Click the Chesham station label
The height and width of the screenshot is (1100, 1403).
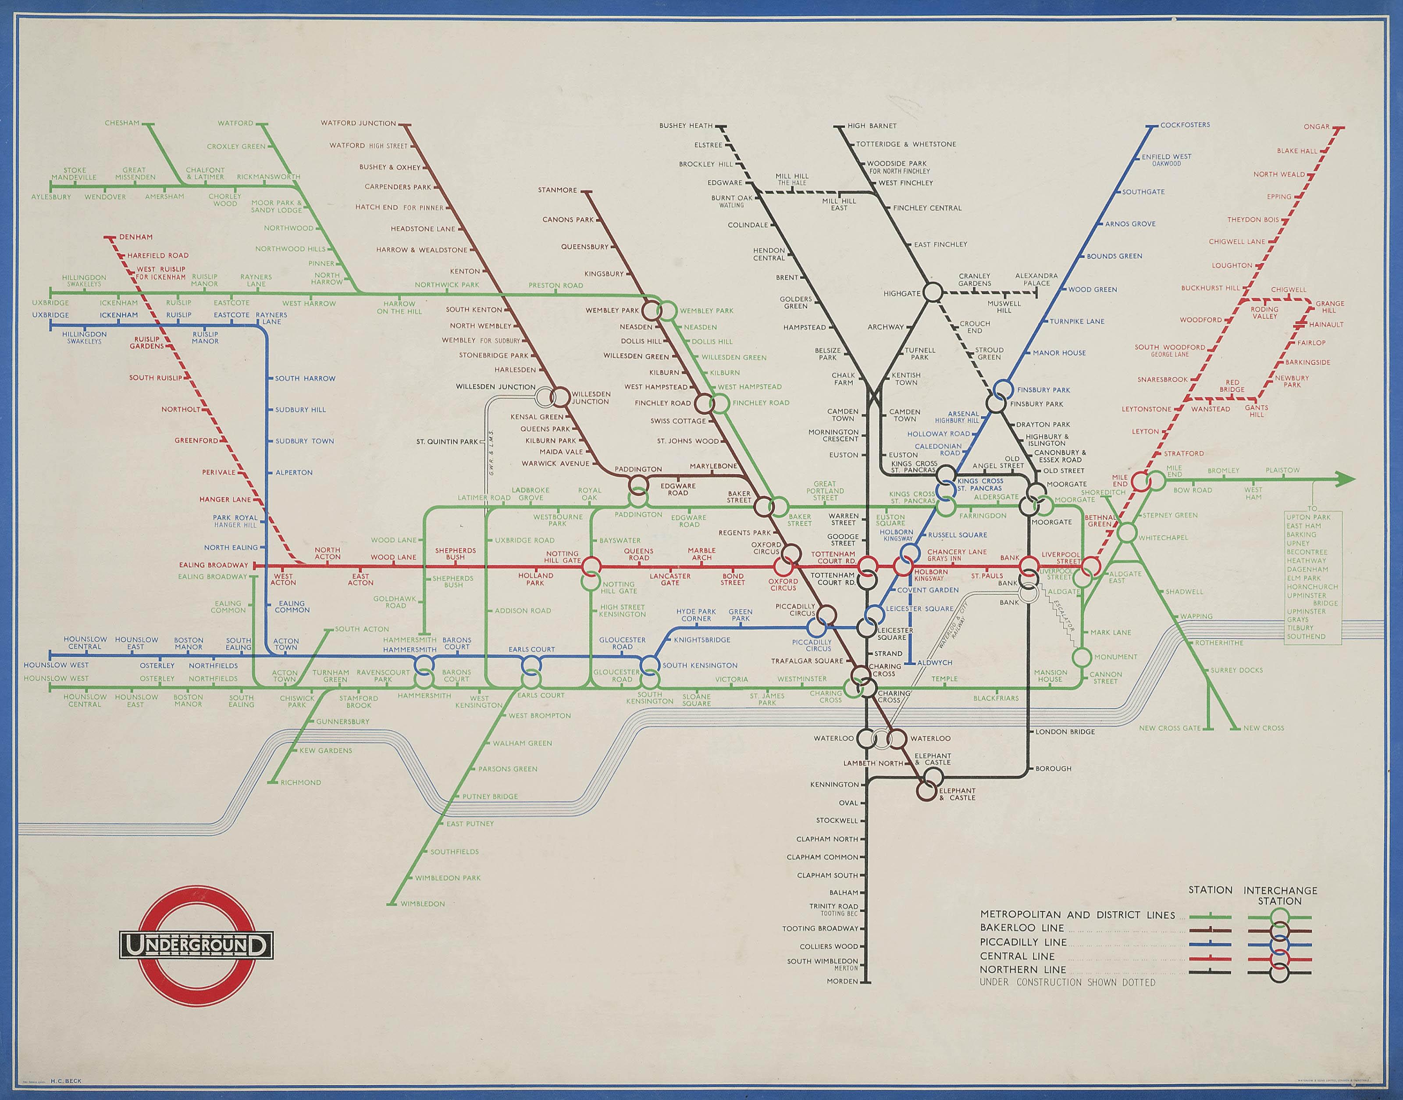(x=122, y=123)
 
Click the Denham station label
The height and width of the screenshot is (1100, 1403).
(x=136, y=237)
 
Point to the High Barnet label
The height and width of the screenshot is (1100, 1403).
(x=872, y=125)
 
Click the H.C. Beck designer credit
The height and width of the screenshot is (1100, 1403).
(x=66, y=1081)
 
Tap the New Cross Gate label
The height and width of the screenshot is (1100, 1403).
(x=1169, y=729)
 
